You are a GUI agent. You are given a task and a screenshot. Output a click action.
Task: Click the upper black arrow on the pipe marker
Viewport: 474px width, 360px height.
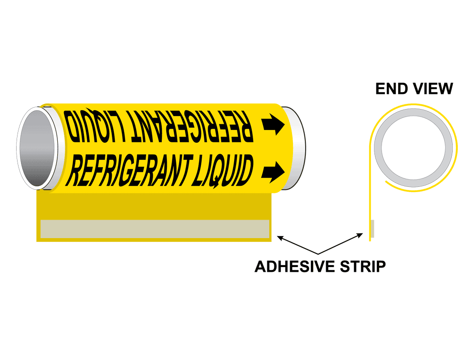273,124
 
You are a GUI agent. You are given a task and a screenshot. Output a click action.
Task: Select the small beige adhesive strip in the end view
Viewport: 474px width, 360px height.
372,229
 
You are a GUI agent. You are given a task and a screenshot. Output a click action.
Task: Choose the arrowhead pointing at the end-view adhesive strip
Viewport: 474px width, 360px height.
363,234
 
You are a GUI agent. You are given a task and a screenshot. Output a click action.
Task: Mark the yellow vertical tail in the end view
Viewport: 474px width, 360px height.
370,199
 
